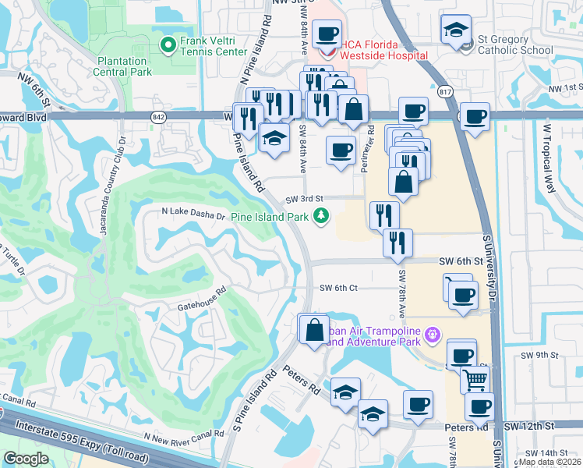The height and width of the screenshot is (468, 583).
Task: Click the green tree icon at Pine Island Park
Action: click(x=320, y=216)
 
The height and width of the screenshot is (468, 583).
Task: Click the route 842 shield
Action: click(x=159, y=115)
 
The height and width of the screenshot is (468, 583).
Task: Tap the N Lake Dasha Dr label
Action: click(x=193, y=211)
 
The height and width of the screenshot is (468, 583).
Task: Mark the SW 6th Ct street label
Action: click(x=338, y=287)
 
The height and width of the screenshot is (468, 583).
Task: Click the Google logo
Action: click(x=26, y=459)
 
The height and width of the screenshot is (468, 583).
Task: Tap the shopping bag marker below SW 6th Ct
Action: click(x=313, y=328)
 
